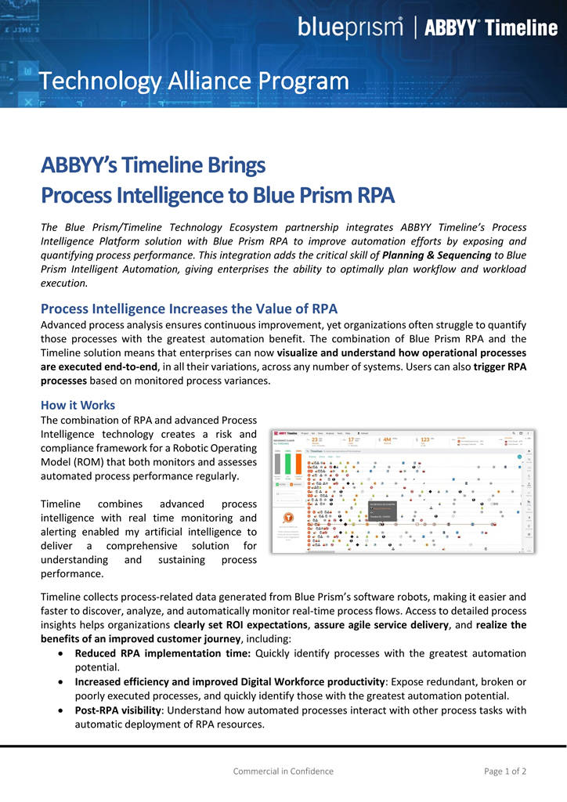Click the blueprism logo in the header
point(350,27)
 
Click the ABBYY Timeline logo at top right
point(490,28)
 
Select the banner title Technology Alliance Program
point(194,81)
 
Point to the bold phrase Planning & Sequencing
point(437,255)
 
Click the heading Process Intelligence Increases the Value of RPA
point(189,309)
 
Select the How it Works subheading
point(78,405)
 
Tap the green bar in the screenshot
point(287,464)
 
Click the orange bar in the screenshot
point(298,464)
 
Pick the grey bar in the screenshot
point(277,464)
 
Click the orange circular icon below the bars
point(289,517)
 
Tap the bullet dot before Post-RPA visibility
point(63,710)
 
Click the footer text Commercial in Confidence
point(283,771)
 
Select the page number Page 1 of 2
point(505,771)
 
